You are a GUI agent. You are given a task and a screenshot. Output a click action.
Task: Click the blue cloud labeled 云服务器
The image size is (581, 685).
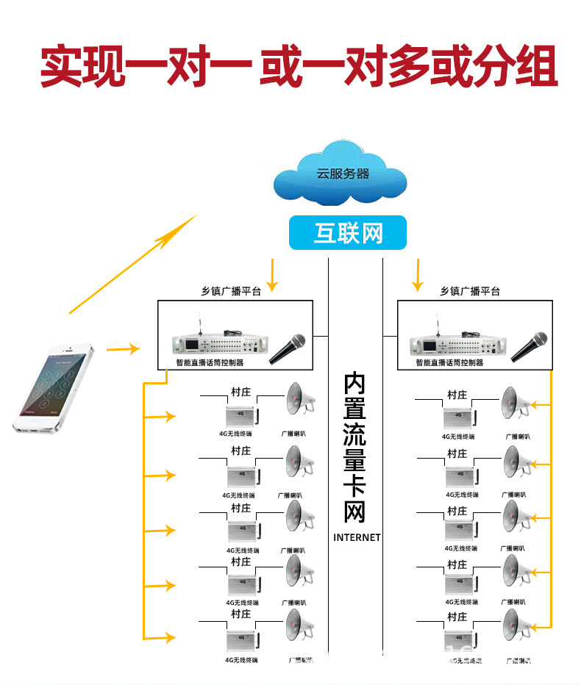coord(341,176)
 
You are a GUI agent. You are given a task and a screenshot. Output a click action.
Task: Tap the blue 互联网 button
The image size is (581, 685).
coord(348,233)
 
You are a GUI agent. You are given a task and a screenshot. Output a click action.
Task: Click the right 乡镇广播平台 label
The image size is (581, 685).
coord(470,291)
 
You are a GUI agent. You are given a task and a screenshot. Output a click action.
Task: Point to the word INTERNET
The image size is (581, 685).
coord(357,537)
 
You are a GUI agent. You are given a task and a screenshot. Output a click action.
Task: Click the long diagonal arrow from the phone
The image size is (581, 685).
coord(133,265)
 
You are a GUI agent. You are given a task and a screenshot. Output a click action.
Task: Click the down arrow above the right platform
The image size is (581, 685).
coord(418,275)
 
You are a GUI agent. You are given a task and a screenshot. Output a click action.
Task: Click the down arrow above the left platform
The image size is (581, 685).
coord(273,275)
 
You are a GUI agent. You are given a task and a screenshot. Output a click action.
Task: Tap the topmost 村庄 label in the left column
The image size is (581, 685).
coord(240,393)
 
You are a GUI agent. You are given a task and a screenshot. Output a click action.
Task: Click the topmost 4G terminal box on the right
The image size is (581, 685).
coord(459,418)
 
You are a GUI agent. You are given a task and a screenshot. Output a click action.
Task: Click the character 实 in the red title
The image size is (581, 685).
coord(60,68)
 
